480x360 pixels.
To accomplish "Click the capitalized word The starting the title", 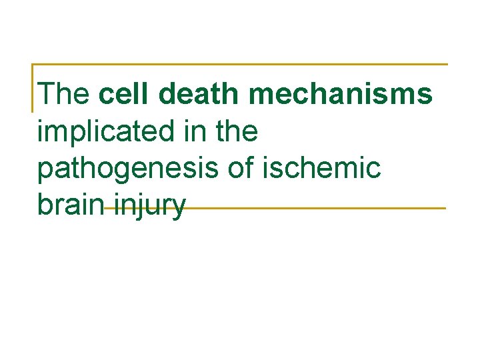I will click(x=64, y=94).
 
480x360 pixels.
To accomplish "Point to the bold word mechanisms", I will click(x=341, y=94).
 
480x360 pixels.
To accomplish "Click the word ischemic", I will click(x=323, y=169).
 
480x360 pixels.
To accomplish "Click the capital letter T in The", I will click(x=47, y=94).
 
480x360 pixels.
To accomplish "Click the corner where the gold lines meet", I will click(x=33, y=65).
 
